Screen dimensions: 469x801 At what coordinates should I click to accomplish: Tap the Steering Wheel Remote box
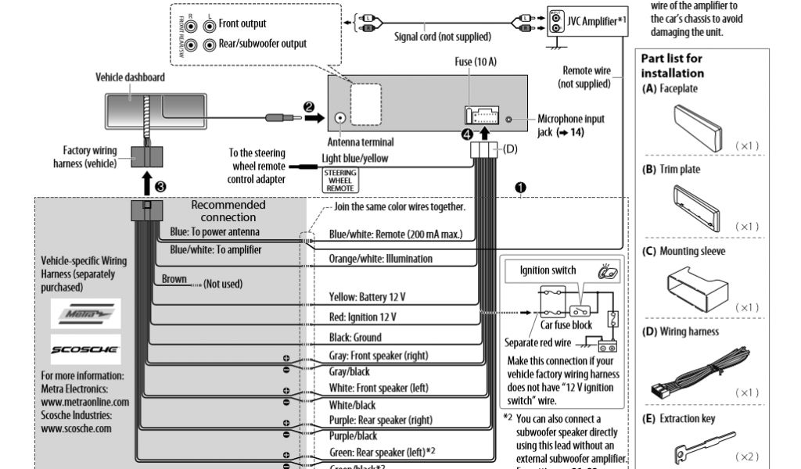[x=339, y=181]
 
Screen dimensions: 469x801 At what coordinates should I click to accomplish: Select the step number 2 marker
[x=309, y=106]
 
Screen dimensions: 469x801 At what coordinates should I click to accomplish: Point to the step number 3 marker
[x=160, y=186]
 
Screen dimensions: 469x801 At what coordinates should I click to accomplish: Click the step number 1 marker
[x=520, y=188]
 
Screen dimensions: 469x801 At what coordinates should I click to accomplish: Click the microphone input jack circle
[x=509, y=120]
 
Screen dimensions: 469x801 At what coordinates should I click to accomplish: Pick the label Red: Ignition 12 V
[x=363, y=317]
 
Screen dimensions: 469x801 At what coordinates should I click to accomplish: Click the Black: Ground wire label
[x=355, y=337]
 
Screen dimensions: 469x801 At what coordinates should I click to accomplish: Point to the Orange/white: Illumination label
[x=380, y=259]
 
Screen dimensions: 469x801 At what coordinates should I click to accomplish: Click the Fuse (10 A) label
[x=475, y=62]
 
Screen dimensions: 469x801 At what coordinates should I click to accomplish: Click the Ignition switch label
[x=548, y=270]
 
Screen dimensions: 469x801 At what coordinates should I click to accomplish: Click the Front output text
[x=242, y=23]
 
